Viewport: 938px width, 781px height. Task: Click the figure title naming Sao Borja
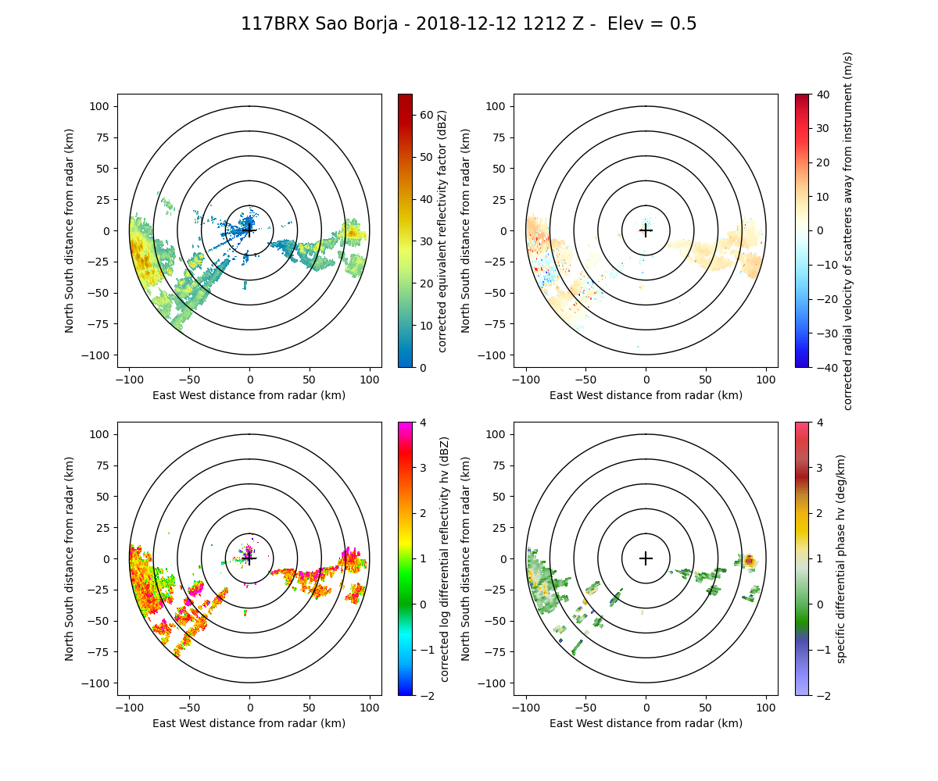pyautogui.click(x=468, y=24)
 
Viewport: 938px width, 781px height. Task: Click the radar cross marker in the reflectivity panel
pyautogui.click(x=249, y=230)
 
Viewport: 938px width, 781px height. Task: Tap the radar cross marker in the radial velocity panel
pyautogui.click(x=646, y=230)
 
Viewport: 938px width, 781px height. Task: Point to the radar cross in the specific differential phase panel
pyautogui.click(x=646, y=558)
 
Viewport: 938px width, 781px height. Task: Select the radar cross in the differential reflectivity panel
pyautogui.click(x=249, y=558)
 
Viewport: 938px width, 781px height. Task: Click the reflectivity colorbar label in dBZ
pyautogui.click(x=442, y=230)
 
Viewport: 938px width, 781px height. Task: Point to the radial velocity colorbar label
pyautogui.click(x=848, y=230)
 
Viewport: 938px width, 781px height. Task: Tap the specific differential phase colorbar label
pyautogui.click(x=841, y=558)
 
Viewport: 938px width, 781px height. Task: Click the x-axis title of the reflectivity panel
pyautogui.click(x=249, y=395)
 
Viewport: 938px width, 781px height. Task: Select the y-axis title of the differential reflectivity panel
pyautogui.click(x=70, y=558)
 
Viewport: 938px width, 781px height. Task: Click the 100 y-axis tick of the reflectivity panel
pyautogui.click(x=102, y=106)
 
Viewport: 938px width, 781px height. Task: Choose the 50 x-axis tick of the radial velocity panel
pyautogui.click(x=706, y=379)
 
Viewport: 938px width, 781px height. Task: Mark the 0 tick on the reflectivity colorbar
pyautogui.click(x=420, y=367)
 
